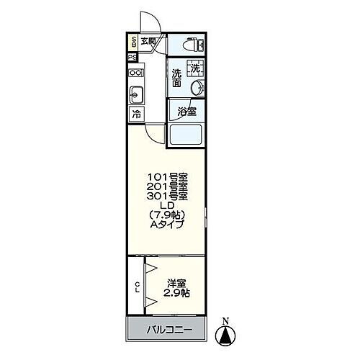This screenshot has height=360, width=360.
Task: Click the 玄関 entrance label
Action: point(148,41)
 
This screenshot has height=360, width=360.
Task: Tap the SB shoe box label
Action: point(134,41)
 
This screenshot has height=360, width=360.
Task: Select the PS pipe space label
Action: point(133,58)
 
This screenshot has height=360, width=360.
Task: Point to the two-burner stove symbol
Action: point(135,73)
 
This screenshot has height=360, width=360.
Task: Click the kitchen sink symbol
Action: point(135,94)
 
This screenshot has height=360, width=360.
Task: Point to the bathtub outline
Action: point(186,135)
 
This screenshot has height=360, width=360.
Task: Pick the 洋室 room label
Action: point(176,283)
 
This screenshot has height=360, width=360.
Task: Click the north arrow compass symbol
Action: point(226,333)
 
